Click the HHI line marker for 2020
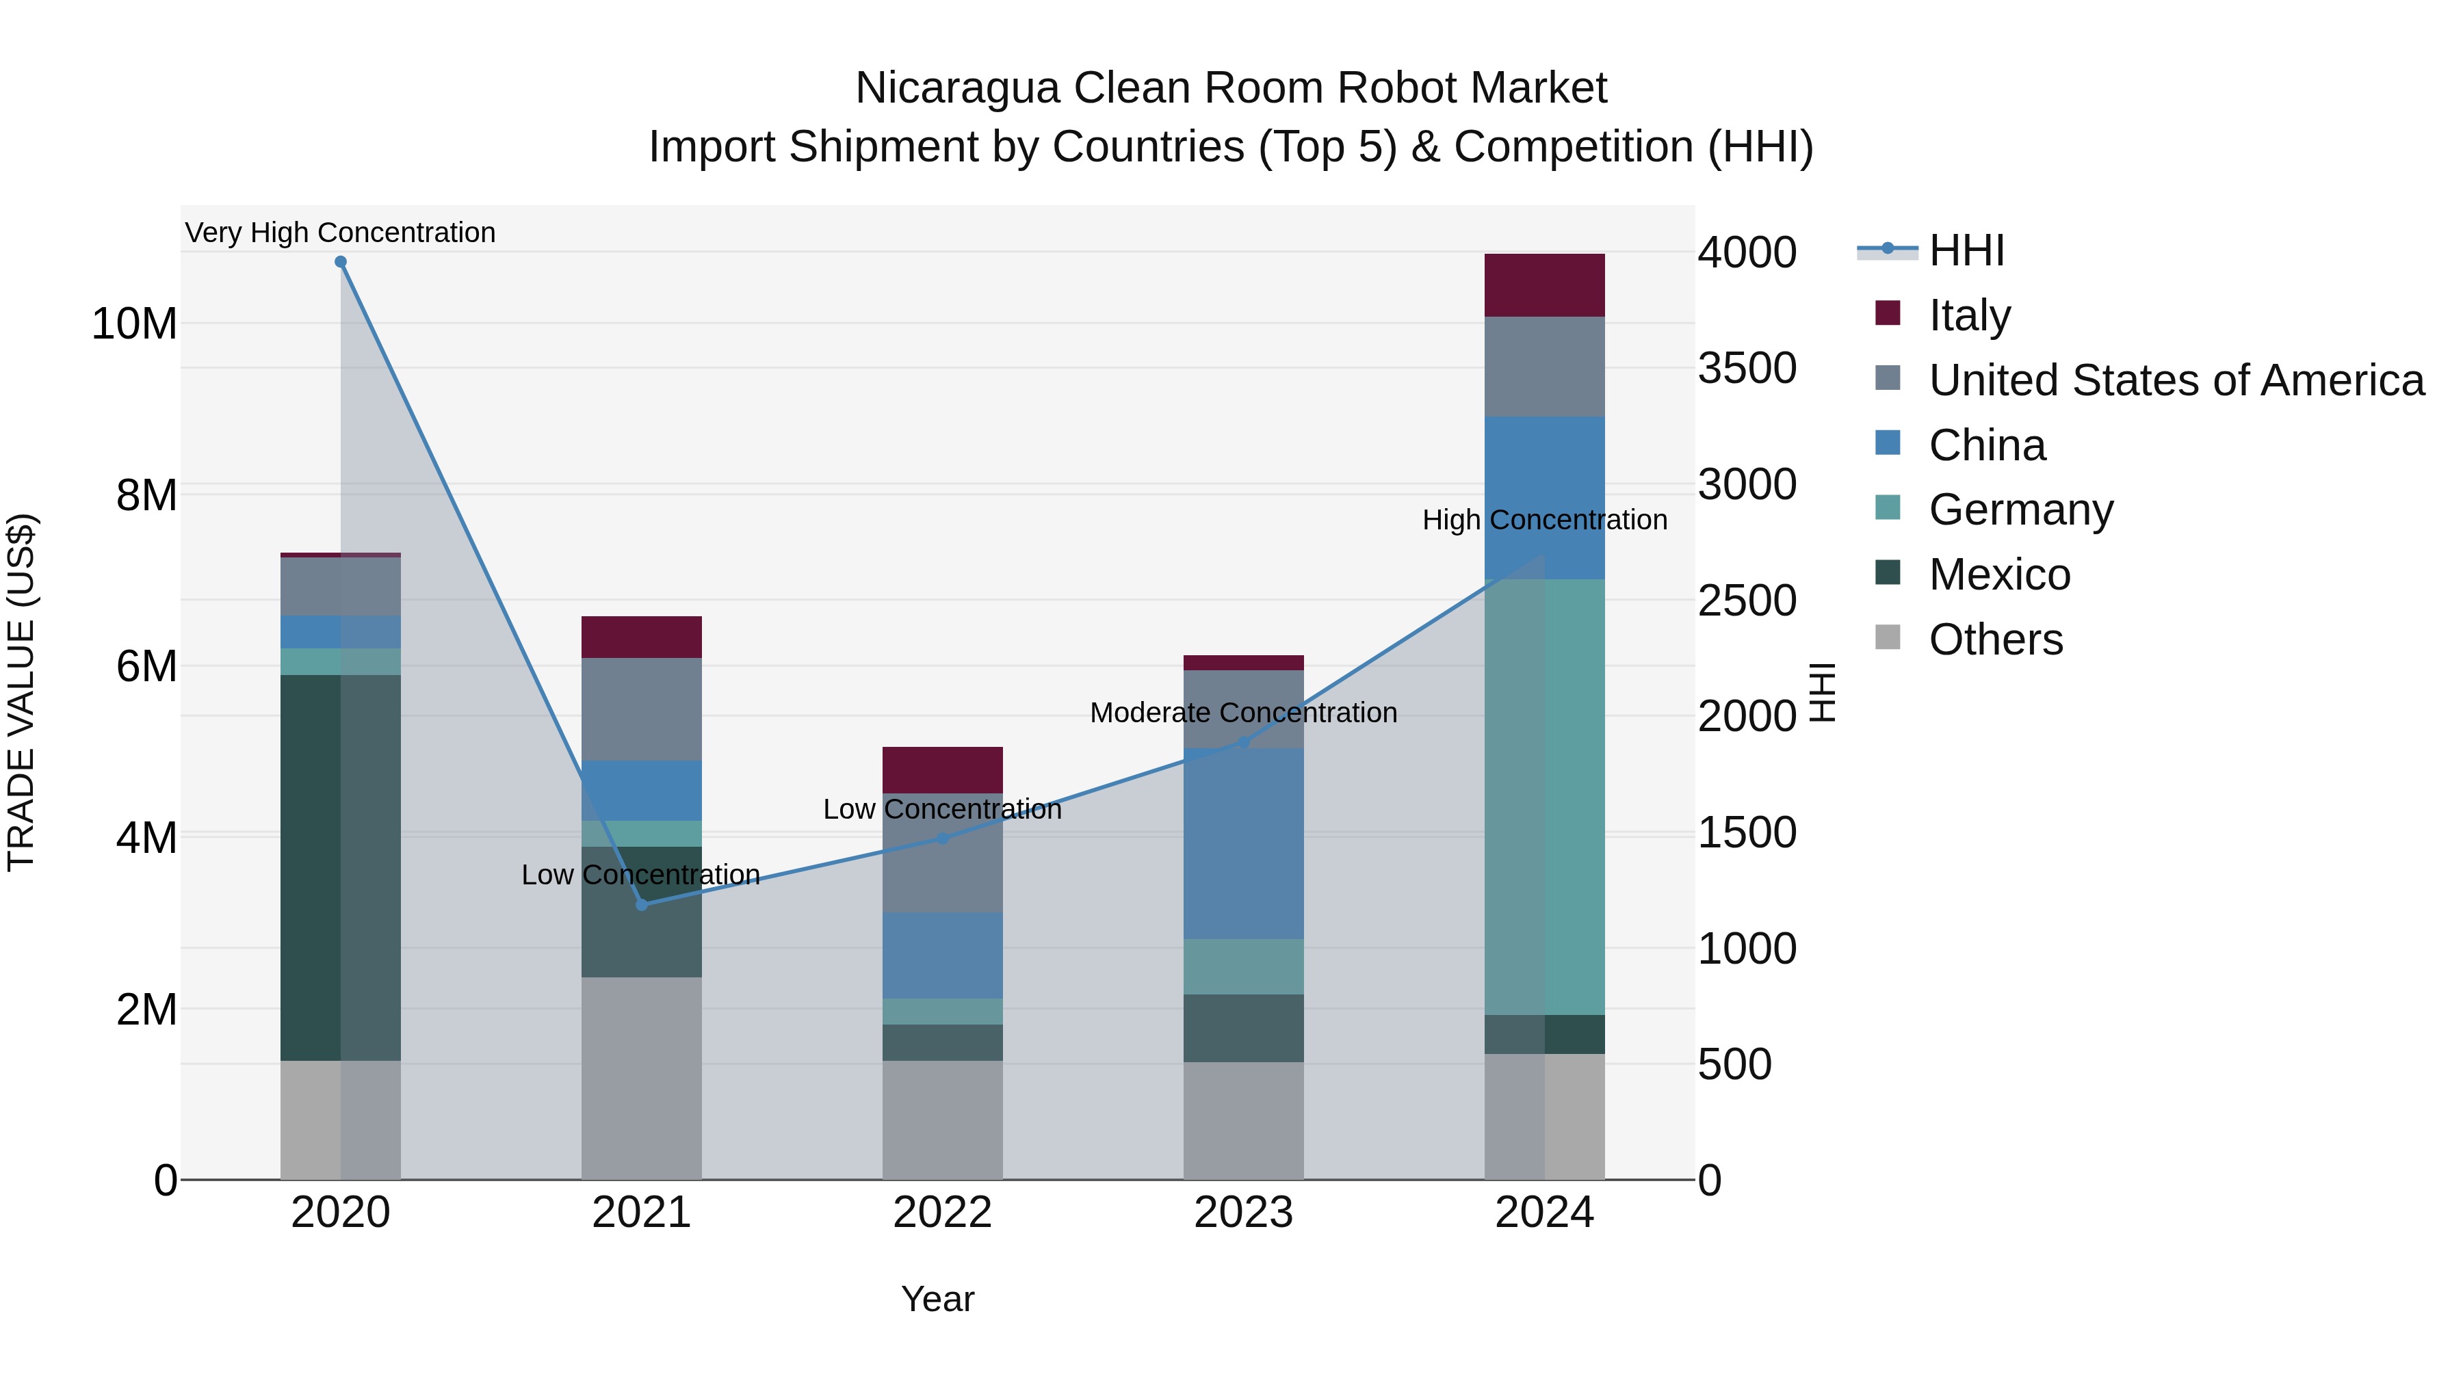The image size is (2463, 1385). [x=341, y=262]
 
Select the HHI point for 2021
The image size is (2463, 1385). [x=642, y=904]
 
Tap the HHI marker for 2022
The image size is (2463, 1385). [x=943, y=839]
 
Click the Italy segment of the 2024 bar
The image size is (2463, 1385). [x=1544, y=285]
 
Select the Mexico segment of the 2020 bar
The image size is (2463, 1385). [x=341, y=867]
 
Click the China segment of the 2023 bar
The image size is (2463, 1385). [x=1243, y=843]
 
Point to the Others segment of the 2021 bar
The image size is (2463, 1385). [x=642, y=1077]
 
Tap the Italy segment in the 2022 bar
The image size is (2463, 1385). [x=943, y=769]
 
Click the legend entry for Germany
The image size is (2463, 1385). [x=2020, y=510]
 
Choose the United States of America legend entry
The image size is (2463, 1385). [x=2175, y=380]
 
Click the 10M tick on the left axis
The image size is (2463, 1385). [x=134, y=324]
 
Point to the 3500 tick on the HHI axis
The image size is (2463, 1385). [x=1747, y=368]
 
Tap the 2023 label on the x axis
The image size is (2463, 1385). [x=1243, y=1213]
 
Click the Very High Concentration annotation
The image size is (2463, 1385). [x=341, y=233]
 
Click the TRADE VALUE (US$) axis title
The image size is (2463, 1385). [x=21, y=692]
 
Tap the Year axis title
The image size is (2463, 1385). [x=937, y=1299]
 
